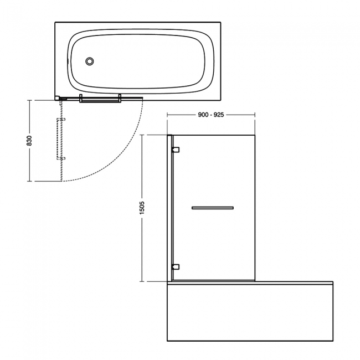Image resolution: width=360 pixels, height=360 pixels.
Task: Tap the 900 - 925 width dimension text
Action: [x=210, y=114]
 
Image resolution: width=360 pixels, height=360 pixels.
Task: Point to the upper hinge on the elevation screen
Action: [x=176, y=150]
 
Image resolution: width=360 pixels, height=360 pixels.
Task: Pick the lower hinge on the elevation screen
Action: [x=176, y=266]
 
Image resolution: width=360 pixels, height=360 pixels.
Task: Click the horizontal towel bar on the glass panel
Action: [x=212, y=208]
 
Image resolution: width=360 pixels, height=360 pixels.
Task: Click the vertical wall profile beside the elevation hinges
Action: [x=169, y=208]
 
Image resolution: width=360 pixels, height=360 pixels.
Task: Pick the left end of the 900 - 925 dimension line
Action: [x=168, y=114]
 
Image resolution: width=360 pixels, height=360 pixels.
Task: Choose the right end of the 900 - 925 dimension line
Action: [x=255, y=114]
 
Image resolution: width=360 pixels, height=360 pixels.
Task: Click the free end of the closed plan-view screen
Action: [x=142, y=99]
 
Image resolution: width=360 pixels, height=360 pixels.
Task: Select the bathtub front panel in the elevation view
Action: [x=250, y=313]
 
